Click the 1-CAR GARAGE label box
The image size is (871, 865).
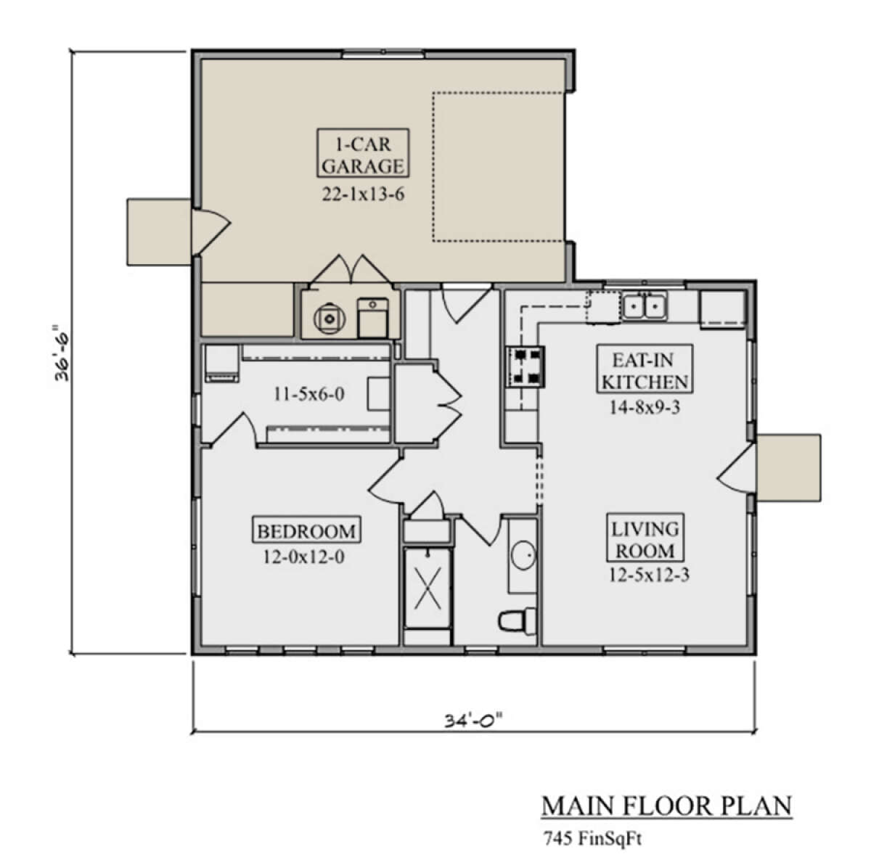point(363,152)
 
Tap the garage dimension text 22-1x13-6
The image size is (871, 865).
point(363,194)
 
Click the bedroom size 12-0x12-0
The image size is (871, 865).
point(303,557)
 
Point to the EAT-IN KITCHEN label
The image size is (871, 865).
point(645,369)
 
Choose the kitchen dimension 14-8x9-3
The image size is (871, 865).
point(645,408)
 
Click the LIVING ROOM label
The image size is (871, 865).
point(645,537)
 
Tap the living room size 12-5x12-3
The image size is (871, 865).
point(649,575)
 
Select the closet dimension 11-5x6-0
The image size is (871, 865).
point(308,394)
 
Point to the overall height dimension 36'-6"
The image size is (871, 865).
point(62,353)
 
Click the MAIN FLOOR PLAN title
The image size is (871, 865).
point(667,805)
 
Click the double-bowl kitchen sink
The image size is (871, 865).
point(644,306)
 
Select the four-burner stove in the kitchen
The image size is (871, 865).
point(525,366)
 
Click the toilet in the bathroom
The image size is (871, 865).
point(518,621)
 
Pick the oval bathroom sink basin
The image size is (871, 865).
point(523,555)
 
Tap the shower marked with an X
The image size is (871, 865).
point(427,588)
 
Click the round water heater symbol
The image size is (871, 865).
point(330,319)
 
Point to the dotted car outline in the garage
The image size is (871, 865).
point(499,167)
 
